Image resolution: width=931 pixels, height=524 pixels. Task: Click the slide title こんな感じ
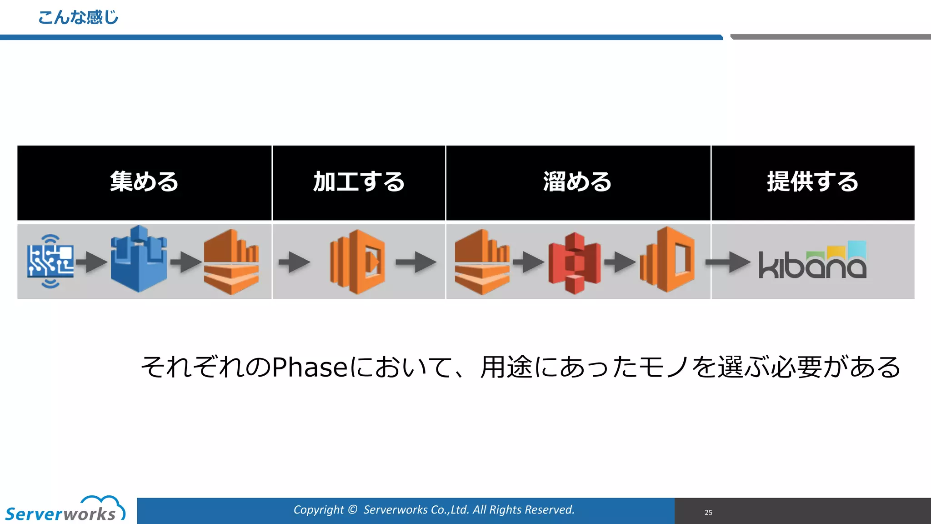tap(78, 18)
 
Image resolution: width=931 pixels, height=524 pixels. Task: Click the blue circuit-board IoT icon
tap(50, 262)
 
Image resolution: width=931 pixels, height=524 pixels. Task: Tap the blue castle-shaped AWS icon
tap(139, 259)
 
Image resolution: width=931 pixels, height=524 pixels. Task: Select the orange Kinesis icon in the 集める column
tap(231, 262)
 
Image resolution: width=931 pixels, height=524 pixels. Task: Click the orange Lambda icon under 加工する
tap(358, 262)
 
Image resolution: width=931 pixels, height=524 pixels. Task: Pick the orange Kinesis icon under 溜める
tap(482, 262)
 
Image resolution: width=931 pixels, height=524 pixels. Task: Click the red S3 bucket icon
tap(575, 263)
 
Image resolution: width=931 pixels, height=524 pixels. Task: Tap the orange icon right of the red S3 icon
tap(667, 260)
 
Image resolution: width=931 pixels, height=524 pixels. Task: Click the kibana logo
tap(812, 261)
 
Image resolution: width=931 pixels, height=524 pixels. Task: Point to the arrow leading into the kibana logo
tap(728, 262)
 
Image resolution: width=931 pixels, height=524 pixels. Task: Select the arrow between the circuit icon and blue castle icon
tap(91, 262)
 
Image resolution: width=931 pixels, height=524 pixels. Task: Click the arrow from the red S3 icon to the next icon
tap(620, 262)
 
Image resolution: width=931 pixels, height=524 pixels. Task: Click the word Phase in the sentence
tap(310, 367)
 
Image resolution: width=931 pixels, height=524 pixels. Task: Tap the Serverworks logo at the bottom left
tap(64, 509)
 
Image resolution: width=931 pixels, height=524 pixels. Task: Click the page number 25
tap(708, 512)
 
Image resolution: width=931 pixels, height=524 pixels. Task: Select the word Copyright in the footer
tap(318, 510)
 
